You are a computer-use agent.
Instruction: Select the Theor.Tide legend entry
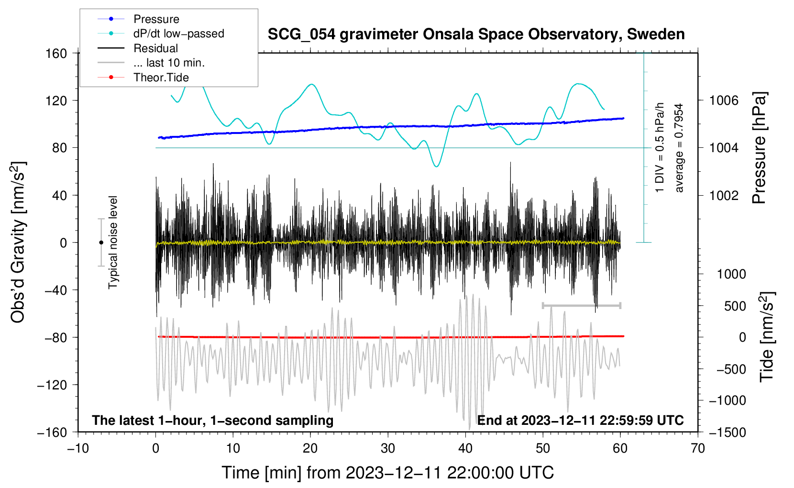pos(161,78)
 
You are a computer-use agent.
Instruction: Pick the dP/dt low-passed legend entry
pos(178,33)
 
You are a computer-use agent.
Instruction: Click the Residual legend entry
pos(155,48)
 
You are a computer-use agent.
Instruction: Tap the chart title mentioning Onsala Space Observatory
pos(476,34)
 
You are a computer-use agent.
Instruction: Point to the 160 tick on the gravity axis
pos(56,53)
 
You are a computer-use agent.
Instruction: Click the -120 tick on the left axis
pos(52,385)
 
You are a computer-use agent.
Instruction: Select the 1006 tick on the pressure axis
pos(724,100)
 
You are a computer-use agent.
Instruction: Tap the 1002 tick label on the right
pos(724,195)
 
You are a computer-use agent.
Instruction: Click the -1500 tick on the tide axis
pos(728,432)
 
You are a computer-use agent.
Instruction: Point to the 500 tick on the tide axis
pos(735,306)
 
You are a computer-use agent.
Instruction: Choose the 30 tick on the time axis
pos(388,448)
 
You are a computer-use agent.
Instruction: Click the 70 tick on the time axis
pos(698,448)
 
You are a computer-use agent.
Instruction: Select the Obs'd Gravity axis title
pos(18,243)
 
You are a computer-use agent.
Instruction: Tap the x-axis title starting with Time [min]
pos(388,473)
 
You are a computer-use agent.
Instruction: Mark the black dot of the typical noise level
pos(101,243)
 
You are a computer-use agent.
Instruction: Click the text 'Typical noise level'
pos(113,243)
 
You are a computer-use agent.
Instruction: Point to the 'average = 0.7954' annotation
pos(679,148)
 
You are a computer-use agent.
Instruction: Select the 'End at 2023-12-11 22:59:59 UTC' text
pos(580,421)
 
